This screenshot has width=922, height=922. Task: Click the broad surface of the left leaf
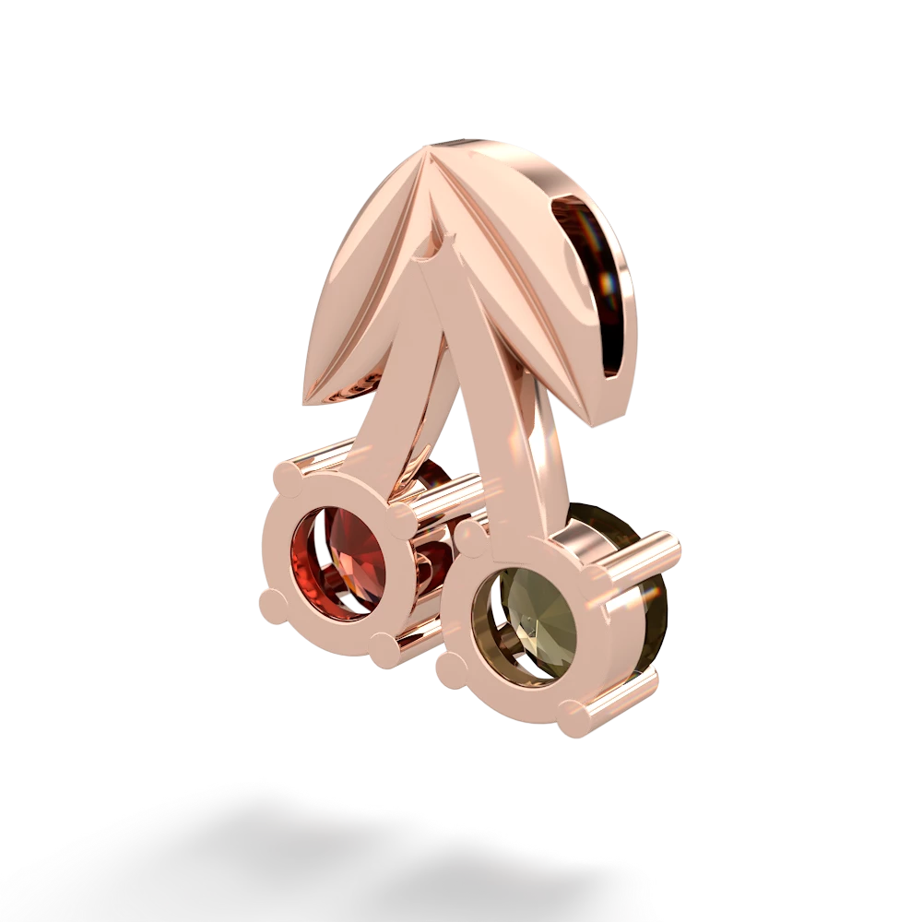pyautogui.click(x=360, y=277)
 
